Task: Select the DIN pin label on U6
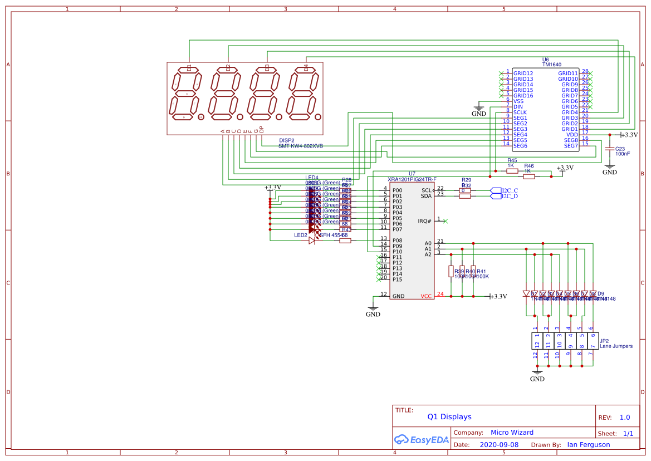[518, 107]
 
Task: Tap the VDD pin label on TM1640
[572, 135]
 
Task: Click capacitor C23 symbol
[610, 149]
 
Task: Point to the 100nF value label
[623, 154]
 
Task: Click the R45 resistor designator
[512, 160]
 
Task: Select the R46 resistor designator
[529, 166]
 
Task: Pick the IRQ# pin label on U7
[424, 221]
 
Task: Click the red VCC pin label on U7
[426, 296]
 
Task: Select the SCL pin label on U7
[426, 190]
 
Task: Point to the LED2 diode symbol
[312, 241]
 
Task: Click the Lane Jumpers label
[616, 346]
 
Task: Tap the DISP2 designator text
[286, 140]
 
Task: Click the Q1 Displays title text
[449, 416]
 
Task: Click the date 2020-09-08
[498, 445]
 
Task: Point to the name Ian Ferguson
[588, 445]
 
